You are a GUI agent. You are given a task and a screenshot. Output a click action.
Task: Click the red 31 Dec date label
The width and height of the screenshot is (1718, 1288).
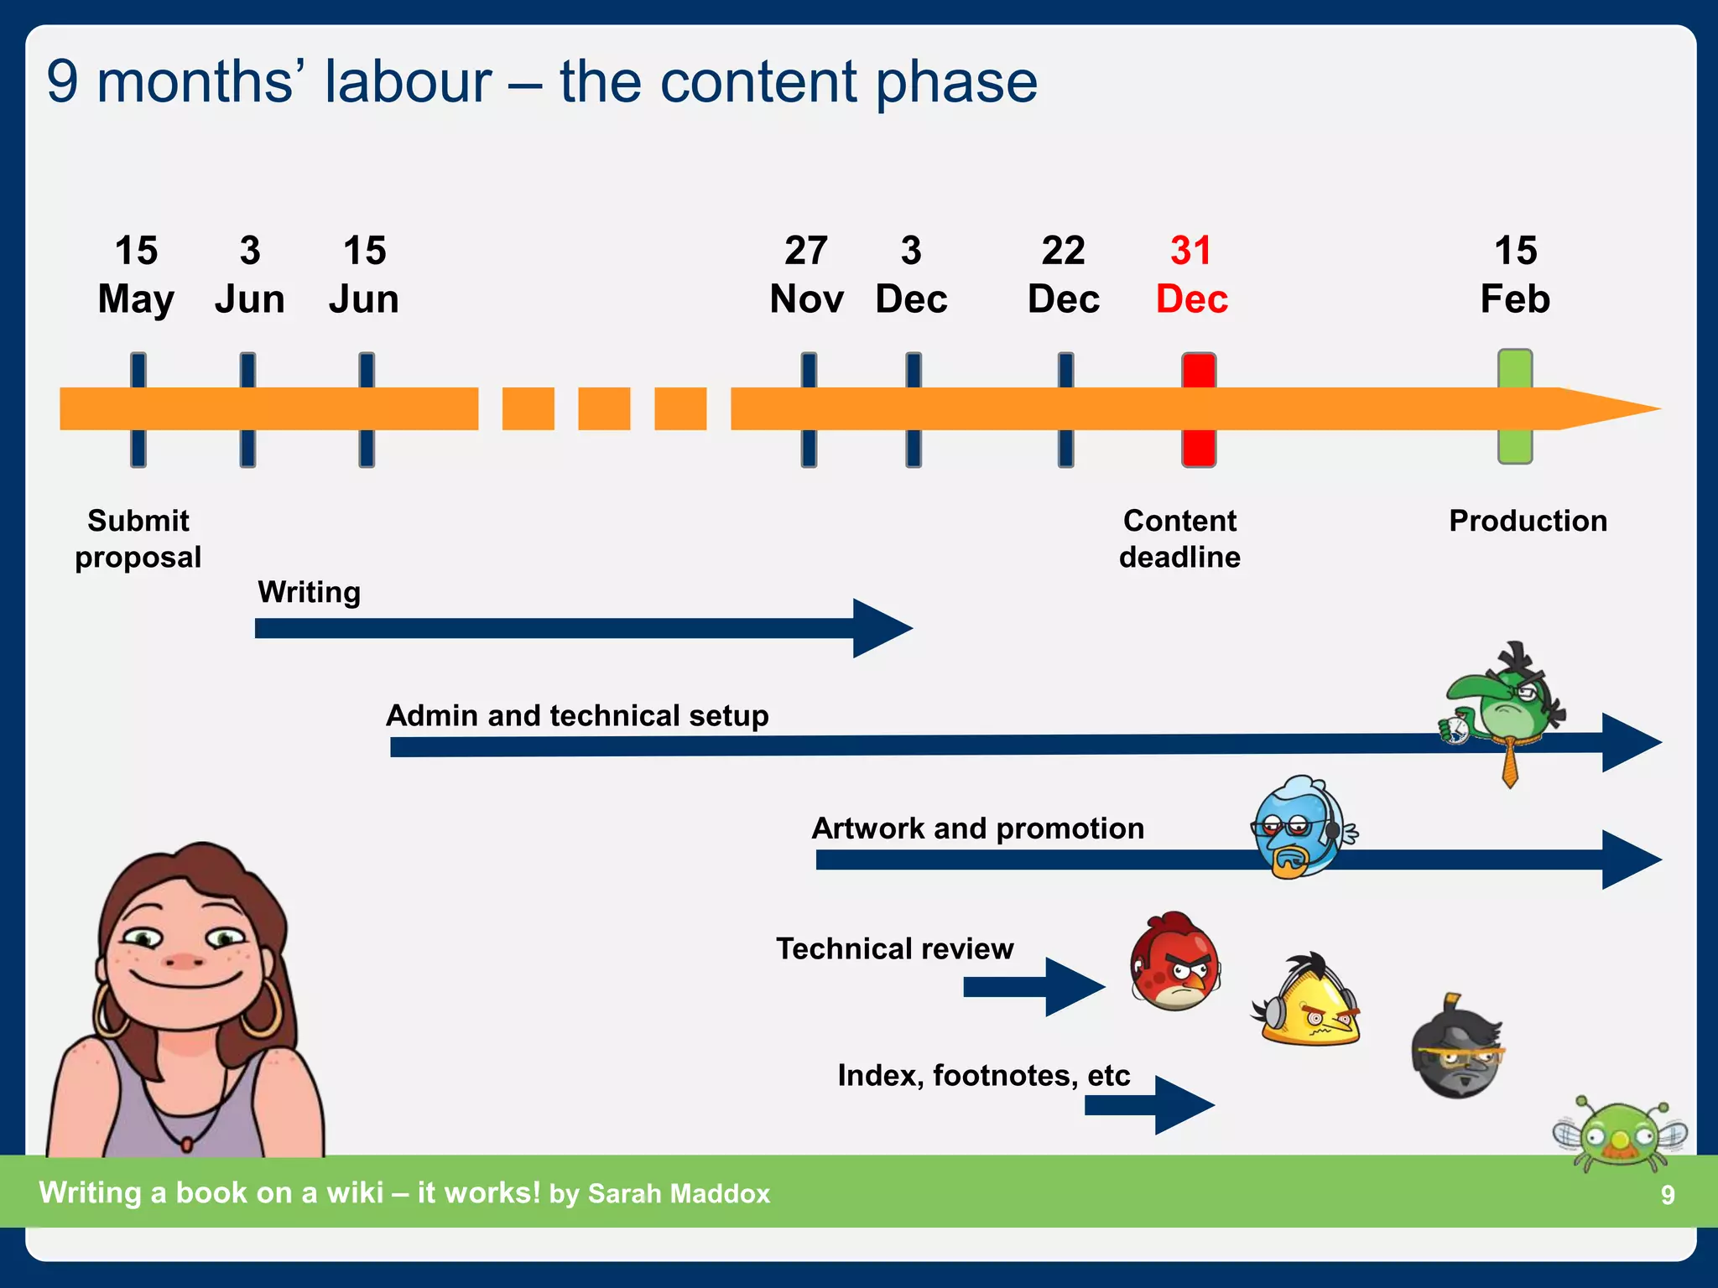(x=1191, y=275)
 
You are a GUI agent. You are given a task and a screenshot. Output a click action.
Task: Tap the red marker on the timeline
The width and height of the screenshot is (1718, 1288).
(x=1199, y=409)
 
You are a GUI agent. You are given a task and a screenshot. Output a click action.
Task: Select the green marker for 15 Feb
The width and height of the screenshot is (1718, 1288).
(x=1515, y=407)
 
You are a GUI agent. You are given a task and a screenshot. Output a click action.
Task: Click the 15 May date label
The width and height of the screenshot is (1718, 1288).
(x=136, y=275)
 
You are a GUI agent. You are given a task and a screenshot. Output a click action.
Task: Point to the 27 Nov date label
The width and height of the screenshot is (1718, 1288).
(x=806, y=275)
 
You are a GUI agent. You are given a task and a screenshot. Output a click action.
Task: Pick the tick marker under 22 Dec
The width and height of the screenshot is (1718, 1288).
(x=1065, y=409)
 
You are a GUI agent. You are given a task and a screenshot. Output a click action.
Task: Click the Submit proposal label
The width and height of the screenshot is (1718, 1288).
(x=138, y=538)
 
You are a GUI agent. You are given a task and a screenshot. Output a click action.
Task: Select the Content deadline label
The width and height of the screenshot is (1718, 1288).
(x=1179, y=538)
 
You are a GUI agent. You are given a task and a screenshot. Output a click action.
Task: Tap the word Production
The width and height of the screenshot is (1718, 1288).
(x=1528, y=521)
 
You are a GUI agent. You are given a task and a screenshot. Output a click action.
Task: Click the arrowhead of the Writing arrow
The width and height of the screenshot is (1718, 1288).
(x=881, y=628)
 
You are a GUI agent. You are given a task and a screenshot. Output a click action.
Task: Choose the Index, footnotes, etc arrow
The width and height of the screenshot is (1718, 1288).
(x=1149, y=1105)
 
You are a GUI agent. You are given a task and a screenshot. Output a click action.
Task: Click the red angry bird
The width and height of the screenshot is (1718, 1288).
(x=1174, y=962)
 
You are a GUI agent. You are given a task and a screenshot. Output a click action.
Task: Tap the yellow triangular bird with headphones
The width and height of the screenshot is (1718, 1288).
(x=1309, y=1002)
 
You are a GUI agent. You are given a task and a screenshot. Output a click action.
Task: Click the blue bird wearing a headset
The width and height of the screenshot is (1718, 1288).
(x=1300, y=826)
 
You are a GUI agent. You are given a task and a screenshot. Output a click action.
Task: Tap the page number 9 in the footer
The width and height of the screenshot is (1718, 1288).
(x=1668, y=1195)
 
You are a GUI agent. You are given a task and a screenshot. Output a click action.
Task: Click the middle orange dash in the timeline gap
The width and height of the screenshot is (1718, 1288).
(x=604, y=408)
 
